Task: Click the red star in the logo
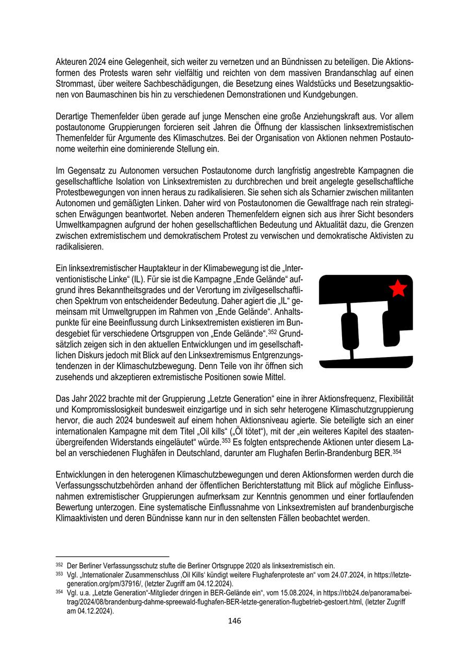point(398,288)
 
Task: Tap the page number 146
point(234,621)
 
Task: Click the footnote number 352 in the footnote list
point(59,565)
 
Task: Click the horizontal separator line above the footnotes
point(112,556)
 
